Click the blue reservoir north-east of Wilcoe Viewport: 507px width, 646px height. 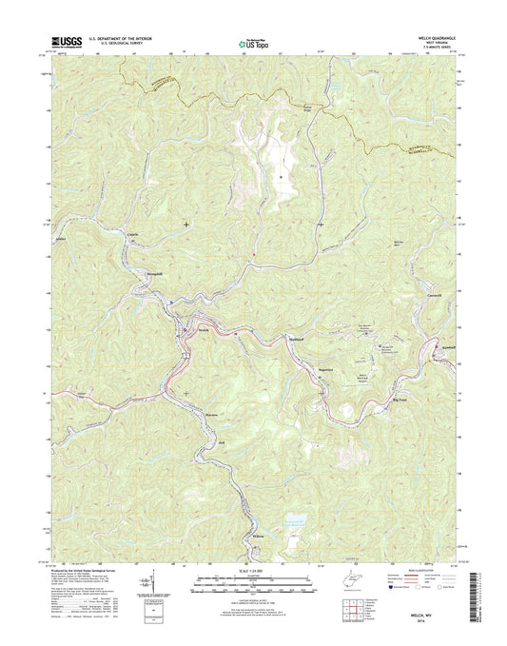tap(296, 521)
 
